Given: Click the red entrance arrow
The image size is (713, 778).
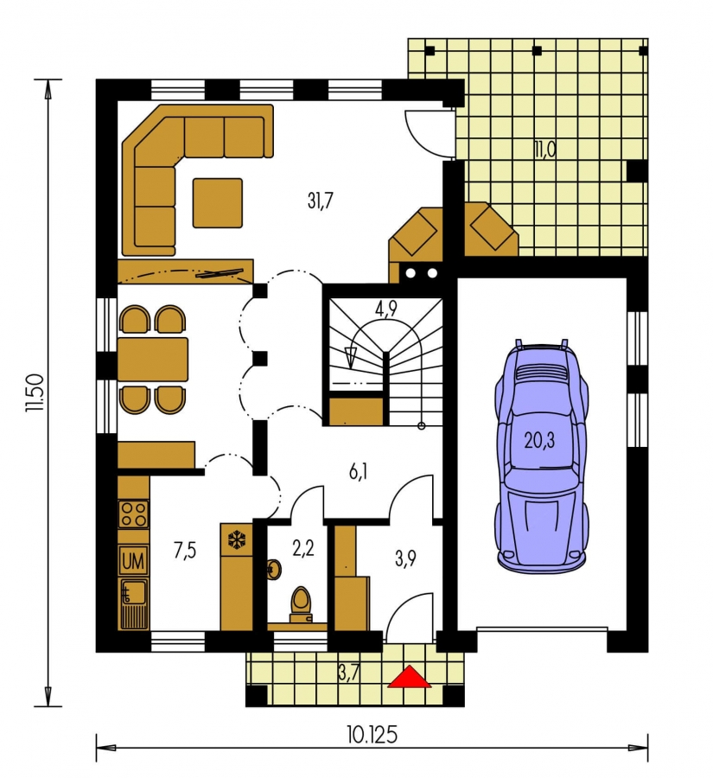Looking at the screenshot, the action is [410, 677].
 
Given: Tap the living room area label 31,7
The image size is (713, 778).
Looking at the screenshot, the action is [321, 201].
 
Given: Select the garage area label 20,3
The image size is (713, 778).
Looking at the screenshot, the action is [540, 440].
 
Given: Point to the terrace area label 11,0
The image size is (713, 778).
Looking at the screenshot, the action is [545, 150].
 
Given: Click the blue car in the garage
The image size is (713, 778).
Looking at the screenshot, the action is [542, 456].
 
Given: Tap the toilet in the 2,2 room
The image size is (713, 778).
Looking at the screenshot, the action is [301, 603].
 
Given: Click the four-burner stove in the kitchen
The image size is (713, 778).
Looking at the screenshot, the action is [133, 513].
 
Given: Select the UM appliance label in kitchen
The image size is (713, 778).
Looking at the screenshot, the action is [133, 561].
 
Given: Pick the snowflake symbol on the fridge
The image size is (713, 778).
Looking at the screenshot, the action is [236, 539].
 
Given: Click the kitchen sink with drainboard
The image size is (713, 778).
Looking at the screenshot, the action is [133, 604].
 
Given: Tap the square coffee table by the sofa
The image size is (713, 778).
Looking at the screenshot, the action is [217, 203].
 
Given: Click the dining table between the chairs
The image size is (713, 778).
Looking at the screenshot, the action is [153, 360].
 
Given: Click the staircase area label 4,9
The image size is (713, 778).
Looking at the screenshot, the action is [385, 309].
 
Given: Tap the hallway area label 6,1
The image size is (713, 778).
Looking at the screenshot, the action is [358, 472].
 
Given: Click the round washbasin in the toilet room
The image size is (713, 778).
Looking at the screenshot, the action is [273, 569].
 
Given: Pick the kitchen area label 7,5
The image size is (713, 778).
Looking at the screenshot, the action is [185, 551].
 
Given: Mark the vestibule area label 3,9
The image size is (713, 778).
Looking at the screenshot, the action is [405, 558].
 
